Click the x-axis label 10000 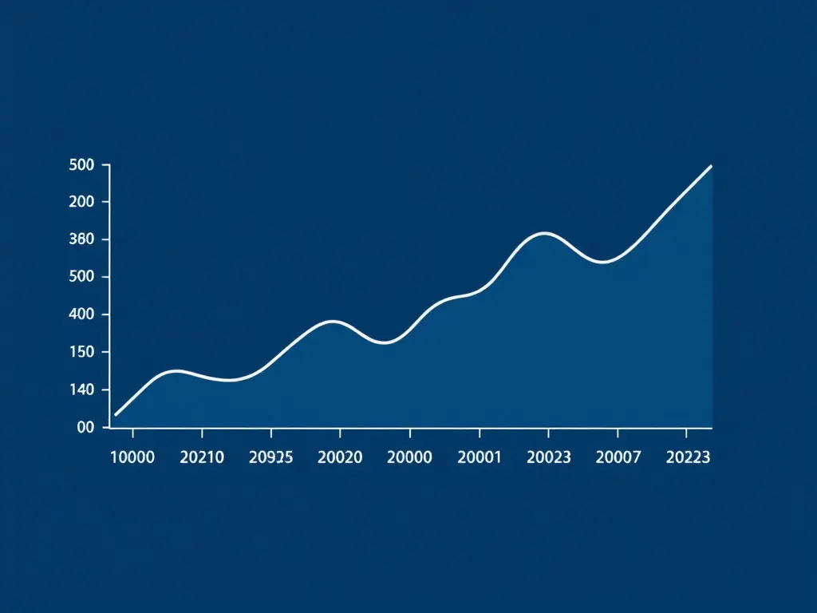pos(132,457)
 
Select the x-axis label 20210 pos(202,457)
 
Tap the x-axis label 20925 pos(271,457)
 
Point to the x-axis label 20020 pos(340,457)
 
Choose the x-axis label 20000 pos(409,457)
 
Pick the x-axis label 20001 pos(480,457)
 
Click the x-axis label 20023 pos(549,457)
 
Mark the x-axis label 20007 pos(618,457)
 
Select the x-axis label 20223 pos(688,457)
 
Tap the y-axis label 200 pos(82,202)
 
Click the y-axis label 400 pos(82,314)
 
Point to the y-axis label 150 pos(82,352)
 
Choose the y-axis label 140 pos(82,390)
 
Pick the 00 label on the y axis pos(86,428)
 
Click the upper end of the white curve pos(711,166)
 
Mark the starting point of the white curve pos(116,415)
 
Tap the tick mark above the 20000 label pos(410,433)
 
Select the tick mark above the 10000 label pos(133,433)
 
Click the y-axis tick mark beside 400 pos(106,314)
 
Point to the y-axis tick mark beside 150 pos(106,352)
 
